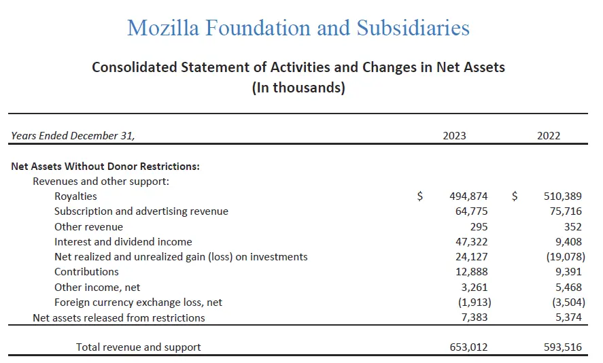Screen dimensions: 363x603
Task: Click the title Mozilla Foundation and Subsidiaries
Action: (298, 28)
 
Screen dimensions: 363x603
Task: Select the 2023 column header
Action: (454, 135)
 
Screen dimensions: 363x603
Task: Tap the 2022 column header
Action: (549, 135)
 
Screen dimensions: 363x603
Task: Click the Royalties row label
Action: (75, 196)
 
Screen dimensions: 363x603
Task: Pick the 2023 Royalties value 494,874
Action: (468, 196)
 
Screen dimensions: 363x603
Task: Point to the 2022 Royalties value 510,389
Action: (563, 196)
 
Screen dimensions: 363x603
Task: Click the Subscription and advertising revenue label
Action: (141, 211)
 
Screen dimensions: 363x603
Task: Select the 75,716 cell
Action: (566, 211)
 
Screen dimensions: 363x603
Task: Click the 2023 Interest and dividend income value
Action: (471, 241)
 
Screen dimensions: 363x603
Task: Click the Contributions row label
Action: (86, 272)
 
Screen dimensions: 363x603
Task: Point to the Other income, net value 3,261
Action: (474, 287)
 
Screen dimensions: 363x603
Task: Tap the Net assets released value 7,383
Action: (474, 317)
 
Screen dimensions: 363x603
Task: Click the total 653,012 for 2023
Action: (468, 347)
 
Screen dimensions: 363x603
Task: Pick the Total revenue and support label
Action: (138, 347)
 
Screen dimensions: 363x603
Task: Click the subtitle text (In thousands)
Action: (298, 88)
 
